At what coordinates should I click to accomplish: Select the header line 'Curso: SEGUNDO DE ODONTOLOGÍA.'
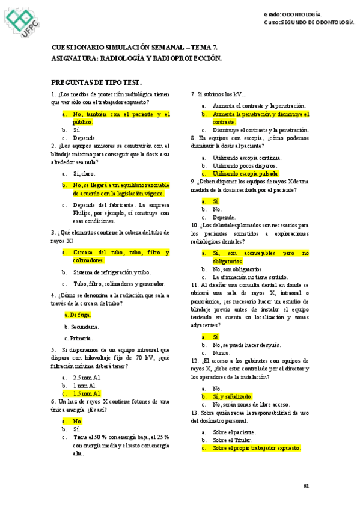click(310, 22)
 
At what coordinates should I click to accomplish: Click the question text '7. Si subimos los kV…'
click(219, 94)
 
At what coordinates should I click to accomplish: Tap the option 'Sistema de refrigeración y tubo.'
click(112, 272)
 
